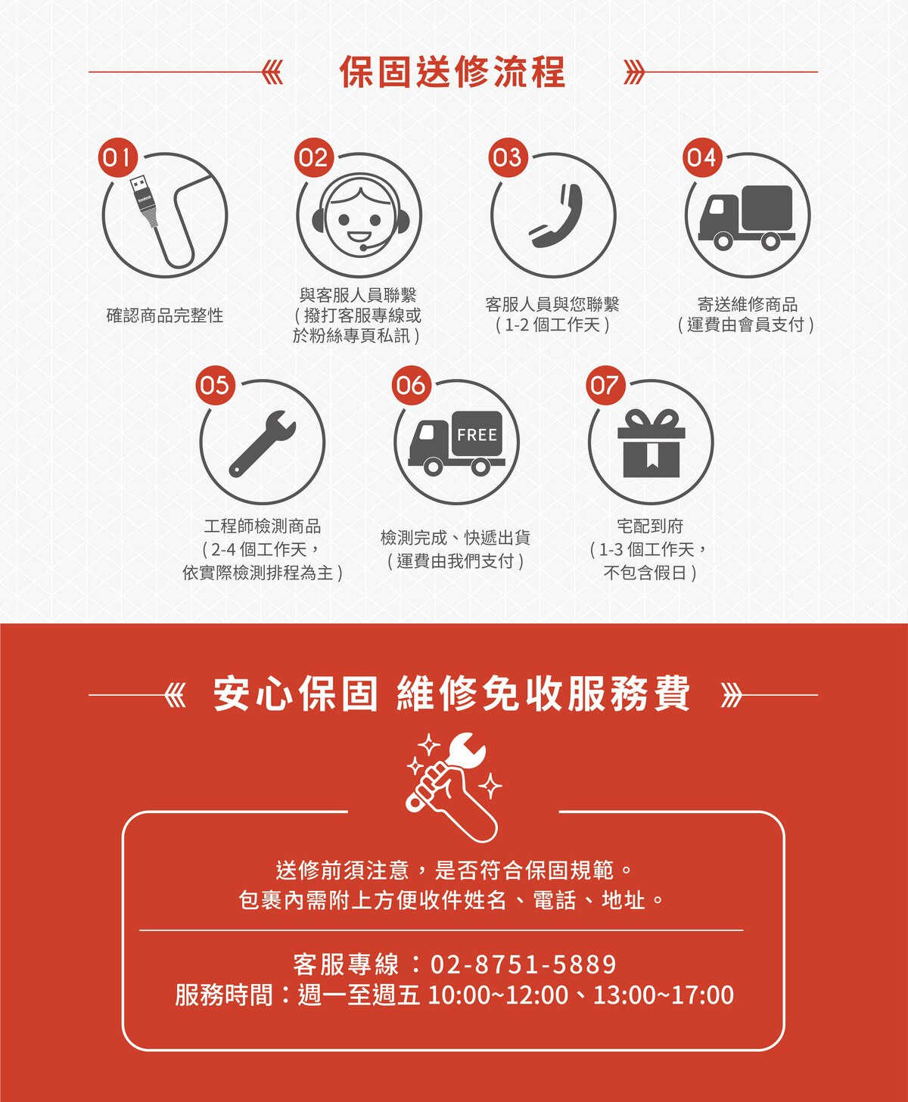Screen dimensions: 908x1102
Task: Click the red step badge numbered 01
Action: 118,157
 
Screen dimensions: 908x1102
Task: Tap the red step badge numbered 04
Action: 702,157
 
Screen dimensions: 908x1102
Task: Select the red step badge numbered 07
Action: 605,385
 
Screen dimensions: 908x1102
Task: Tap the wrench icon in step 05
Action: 262,443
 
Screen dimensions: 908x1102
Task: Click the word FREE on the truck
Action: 477,435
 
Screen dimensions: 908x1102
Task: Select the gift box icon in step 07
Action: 651,443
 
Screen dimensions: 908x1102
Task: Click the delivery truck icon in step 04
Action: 747,217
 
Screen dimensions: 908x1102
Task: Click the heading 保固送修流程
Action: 452,72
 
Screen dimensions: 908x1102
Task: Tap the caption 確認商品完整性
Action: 165,315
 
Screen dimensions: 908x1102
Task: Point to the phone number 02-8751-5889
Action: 523,964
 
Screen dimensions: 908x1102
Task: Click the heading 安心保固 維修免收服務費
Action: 452,694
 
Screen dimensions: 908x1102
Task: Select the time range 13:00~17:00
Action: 664,995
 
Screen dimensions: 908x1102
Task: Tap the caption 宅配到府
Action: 651,526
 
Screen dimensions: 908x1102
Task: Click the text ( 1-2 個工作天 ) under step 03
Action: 552,324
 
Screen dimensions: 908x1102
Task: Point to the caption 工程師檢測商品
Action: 263,526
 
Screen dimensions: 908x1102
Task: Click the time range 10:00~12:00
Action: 498,995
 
